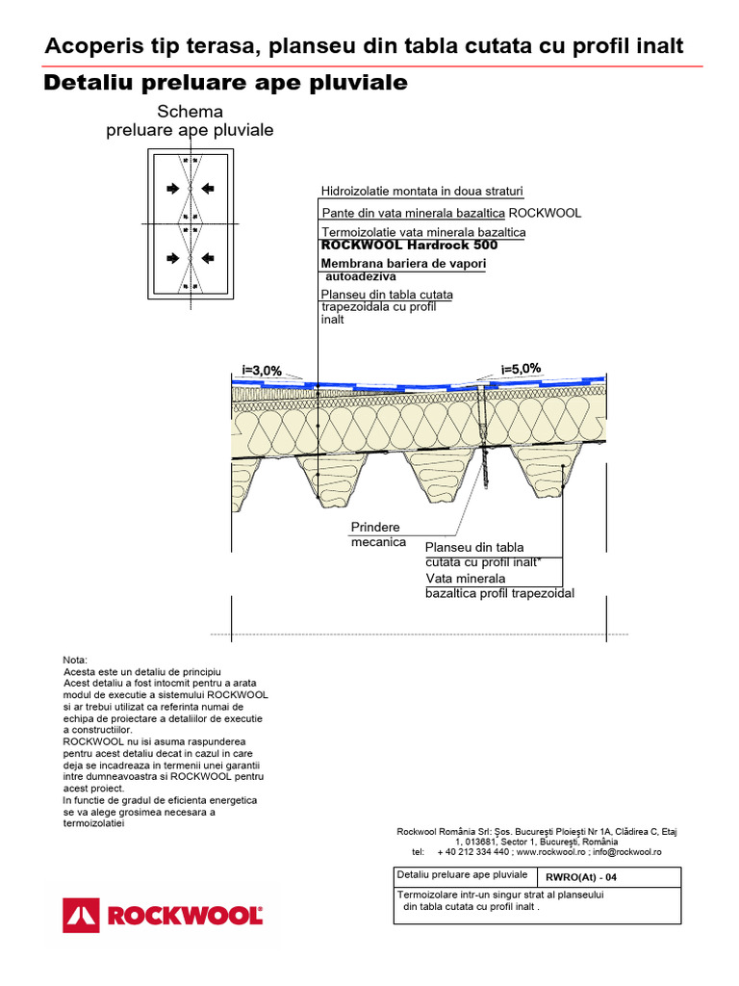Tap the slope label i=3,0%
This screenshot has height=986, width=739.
[261, 370]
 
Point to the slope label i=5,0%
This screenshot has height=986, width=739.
[522, 368]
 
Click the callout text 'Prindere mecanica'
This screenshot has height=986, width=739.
[377, 534]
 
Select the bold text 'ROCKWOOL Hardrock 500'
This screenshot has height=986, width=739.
[409, 245]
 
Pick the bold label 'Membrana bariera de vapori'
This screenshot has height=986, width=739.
[403, 263]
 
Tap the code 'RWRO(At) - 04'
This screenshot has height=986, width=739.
[581, 877]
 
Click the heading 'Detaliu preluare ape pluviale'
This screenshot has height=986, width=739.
[226, 84]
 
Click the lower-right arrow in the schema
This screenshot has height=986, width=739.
[209, 258]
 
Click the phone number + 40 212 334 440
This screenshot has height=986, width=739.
[472, 851]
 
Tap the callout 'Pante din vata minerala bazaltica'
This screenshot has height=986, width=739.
[413, 213]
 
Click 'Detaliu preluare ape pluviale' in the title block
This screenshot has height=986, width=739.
[462, 875]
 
